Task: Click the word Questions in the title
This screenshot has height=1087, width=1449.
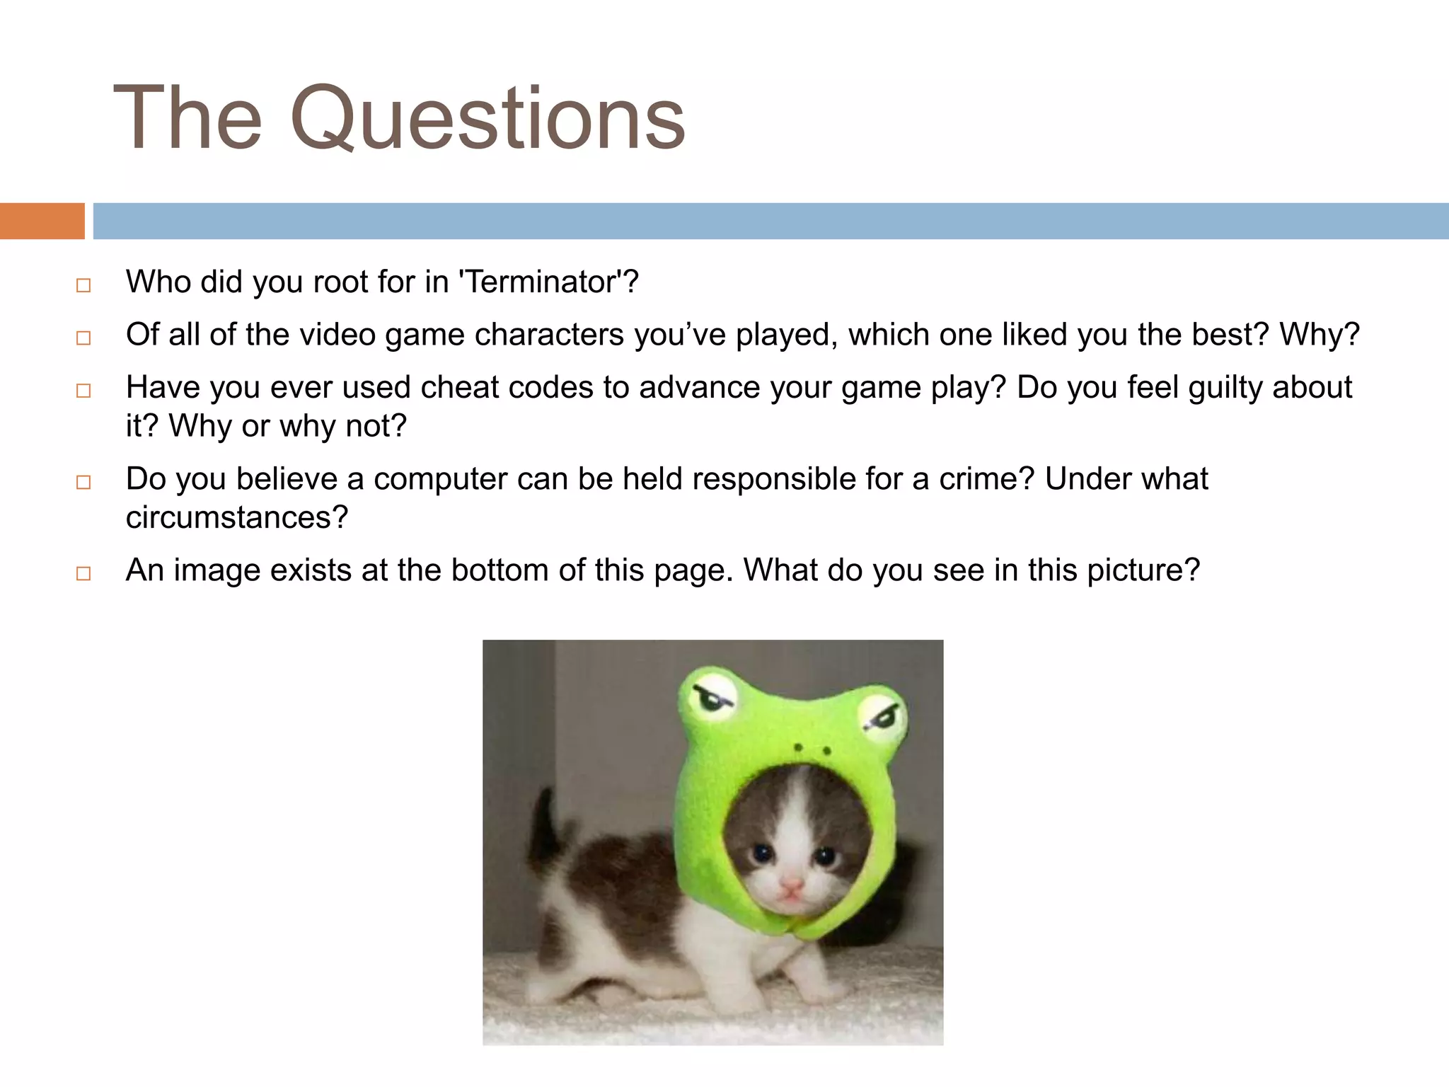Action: [487, 118]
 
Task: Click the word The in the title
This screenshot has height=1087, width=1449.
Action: [187, 118]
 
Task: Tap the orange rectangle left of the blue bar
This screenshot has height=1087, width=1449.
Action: [42, 221]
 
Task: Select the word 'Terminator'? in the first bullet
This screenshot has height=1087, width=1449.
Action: [549, 282]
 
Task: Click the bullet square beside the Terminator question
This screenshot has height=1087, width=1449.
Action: [83, 286]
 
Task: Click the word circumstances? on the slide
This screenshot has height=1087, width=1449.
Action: [237, 518]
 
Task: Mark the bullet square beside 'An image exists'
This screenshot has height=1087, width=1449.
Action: [83, 574]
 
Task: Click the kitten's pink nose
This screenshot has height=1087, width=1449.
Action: [792, 885]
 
